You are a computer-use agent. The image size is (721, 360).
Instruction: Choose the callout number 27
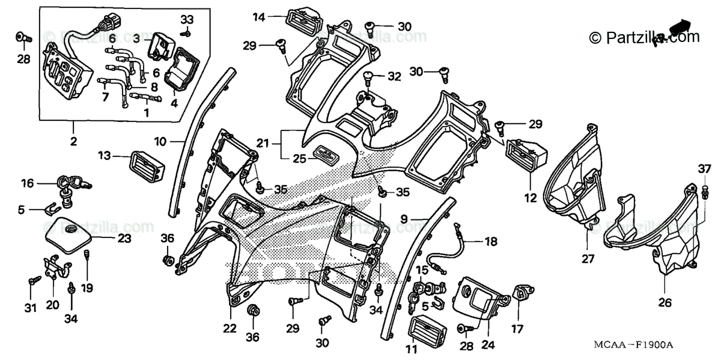click(586, 260)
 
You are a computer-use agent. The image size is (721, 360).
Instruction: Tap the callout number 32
click(394, 77)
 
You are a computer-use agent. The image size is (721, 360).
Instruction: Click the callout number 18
click(491, 242)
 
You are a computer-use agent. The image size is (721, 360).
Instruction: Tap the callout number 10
click(160, 142)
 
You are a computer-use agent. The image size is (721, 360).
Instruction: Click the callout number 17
click(517, 329)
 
